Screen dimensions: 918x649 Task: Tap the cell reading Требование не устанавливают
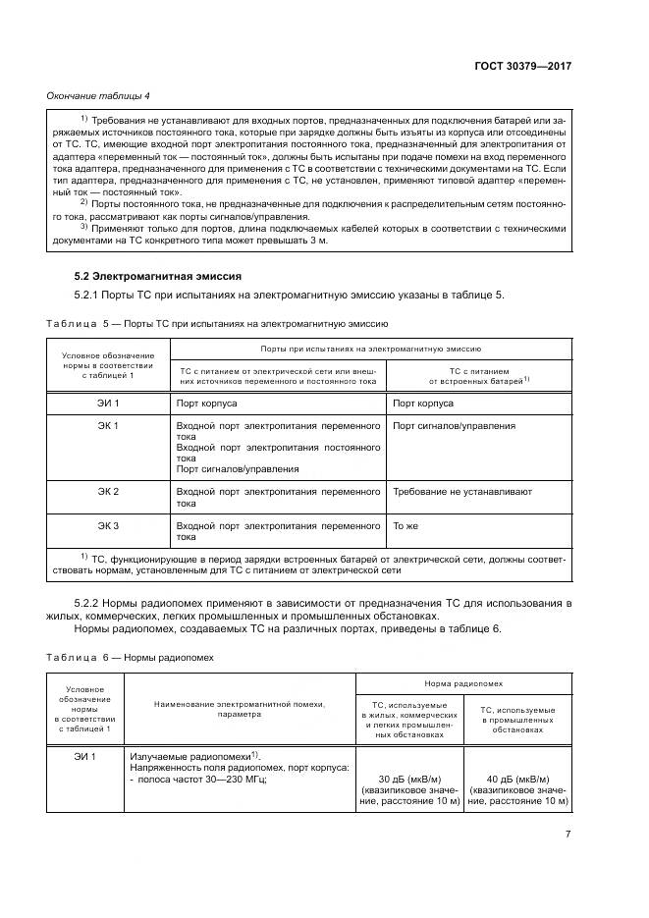[x=461, y=491]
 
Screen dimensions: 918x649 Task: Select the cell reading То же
[x=406, y=526]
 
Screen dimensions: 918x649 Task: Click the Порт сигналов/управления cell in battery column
[x=454, y=426]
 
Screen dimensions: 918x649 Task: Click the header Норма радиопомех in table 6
[x=462, y=681]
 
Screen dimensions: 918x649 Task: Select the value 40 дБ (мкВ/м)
[x=517, y=777]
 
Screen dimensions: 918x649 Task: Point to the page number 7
[x=568, y=834]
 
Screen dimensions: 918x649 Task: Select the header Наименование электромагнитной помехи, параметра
[x=239, y=709]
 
